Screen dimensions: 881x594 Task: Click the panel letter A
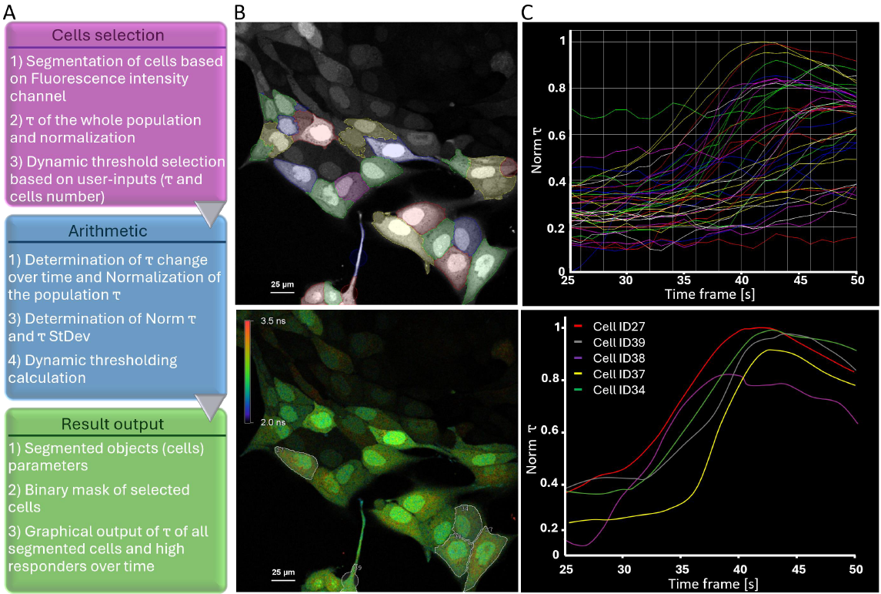point(10,12)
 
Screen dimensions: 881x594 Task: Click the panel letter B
point(240,12)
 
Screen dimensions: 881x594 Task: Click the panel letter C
point(527,12)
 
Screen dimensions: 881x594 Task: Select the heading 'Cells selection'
point(108,35)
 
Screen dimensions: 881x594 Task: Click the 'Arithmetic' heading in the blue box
point(108,230)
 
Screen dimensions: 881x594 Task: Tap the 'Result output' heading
point(112,425)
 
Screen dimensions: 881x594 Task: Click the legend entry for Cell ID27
point(609,326)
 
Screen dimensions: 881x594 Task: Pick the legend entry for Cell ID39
point(609,342)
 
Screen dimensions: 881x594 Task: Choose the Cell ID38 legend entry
point(609,357)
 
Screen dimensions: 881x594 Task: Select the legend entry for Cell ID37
point(609,374)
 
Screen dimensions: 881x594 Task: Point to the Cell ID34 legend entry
point(609,390)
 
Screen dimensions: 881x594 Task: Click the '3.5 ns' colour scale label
point(272,321)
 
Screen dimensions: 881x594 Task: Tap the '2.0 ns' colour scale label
point(272,422)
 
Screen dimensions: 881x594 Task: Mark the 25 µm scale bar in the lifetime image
point(283,580)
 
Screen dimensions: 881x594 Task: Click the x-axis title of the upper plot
point(709,294)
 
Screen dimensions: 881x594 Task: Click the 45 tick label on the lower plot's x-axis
point(798,569)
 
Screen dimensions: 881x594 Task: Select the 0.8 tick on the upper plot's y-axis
point(556,89)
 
